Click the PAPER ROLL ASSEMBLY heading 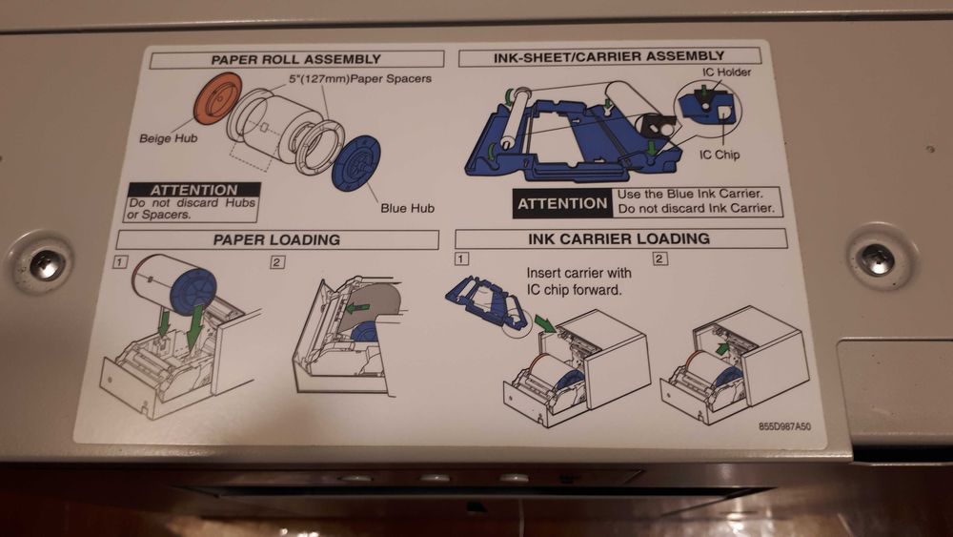point(296,59)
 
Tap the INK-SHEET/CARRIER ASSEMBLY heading point(609,57)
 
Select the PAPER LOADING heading point(276,239)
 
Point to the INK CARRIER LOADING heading point(618,238)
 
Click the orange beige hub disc point(217,98)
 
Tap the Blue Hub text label point(407,208)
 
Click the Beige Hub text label point(169,138)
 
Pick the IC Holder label point(726,72)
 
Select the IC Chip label point(719,155)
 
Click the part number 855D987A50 point(784,426)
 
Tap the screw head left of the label point(44,265)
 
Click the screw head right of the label point(877,259)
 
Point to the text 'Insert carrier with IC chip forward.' point(578,281)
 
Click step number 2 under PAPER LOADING point(277,262)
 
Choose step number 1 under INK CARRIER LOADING point(461,259)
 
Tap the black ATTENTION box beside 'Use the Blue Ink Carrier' point(561,204)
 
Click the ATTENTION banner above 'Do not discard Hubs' point(194,190)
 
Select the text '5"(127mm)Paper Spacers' point(360,79)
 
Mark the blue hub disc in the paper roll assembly point(356,163)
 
